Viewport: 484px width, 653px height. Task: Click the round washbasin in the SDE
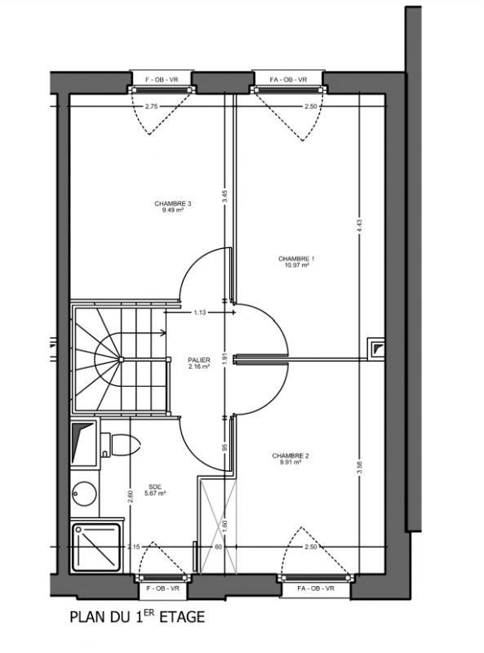pos(84,494)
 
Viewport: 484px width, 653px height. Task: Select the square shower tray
pos(96,547)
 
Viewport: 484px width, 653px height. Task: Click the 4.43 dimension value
pos(360,228)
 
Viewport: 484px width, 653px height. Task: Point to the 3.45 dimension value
pos(225,197)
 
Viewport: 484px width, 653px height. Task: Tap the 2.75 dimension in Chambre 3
pos(152,107)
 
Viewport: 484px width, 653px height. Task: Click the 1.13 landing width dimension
pos(199,313)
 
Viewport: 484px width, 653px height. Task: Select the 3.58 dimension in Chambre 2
pos(360,467)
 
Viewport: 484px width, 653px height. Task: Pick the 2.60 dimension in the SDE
pos(131,496)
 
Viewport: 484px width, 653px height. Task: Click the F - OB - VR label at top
pos(162,79)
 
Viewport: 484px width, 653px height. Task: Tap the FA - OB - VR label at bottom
pos(316,589)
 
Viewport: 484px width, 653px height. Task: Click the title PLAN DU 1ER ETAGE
pos(137,617)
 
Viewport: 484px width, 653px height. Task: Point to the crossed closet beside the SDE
pos(218,526)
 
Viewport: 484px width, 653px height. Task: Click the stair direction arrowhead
pos(164,333)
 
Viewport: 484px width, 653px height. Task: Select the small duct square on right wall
pos(376,349)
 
